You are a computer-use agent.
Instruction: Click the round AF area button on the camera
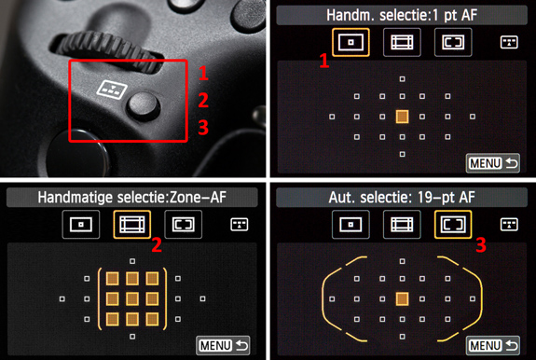click(x=144, y=105)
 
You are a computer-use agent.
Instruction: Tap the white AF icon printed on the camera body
click(x=112, y=90)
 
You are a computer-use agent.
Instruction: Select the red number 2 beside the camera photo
click(x=203, y=100)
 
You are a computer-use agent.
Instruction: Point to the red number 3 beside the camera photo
click(x=203, y=128)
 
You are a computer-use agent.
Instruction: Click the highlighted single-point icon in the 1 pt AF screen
click(x=350, y=42)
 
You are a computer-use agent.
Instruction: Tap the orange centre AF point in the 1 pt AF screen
click(x=402, y=117)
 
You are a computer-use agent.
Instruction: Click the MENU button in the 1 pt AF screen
click(x=492, y=163)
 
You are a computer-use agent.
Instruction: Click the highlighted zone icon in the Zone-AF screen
click(x=132, y=225)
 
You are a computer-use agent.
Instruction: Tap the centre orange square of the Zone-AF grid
click(x=132, y=299)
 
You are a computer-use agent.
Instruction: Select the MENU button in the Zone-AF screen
click(x=223, y=346)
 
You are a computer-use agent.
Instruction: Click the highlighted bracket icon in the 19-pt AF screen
click(x=453, y=225)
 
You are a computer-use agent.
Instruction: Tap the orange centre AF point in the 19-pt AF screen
click(x=402, y=298)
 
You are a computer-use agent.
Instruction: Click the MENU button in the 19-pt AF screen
click(x=492, y=346)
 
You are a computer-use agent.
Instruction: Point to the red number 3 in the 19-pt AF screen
click(x=481, y=245)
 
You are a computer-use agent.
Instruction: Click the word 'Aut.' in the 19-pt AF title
click(x=340, y=198)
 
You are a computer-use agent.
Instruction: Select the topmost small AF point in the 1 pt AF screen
click(x=403, y=79)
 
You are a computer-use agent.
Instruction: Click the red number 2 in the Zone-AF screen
click(x=157, y=245)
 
